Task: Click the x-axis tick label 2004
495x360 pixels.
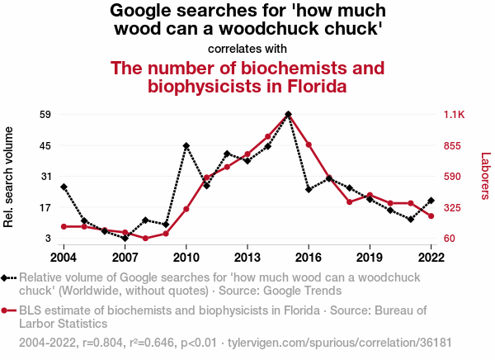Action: pyautogui.click(x=64, y=256)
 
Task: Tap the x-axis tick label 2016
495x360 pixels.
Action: pyautogui.click(x=309, y=256)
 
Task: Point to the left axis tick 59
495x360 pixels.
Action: pyautogui.click(x=46, y=114)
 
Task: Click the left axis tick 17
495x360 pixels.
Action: pyautogui.click(x=46, y=208)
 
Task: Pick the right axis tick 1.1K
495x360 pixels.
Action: pyautogui.click(x=455, y=114)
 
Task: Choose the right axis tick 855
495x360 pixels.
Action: pyautogui.click(x=453, y=145)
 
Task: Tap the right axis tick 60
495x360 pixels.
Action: pyautogui.click(x=450, y=239)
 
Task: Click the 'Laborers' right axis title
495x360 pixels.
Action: pyautogui.click(x=485, y=176)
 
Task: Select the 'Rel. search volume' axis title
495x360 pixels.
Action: pyautogui.click(x=10, y=177)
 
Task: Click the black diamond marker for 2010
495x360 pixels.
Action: pyautogui.click(x=186, y=146)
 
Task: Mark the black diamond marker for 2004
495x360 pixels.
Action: pyautogui.click(x=64, y=187)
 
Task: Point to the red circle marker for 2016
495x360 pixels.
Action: pyautogui.click(x=309, y=145)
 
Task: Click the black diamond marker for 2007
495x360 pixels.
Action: pyautogui.click(x=125, y=239)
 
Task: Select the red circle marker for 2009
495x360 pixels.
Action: pyautogui.click(x=166, y=234)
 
